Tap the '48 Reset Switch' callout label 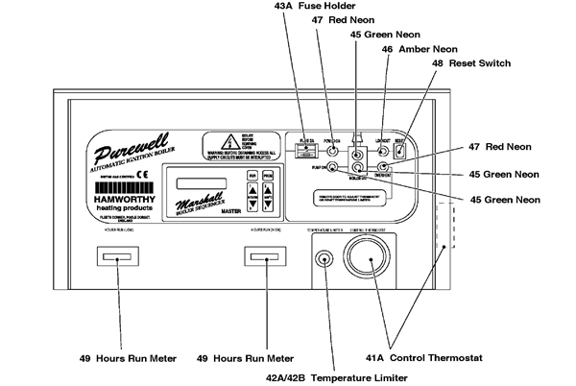470,63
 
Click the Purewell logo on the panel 133,154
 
